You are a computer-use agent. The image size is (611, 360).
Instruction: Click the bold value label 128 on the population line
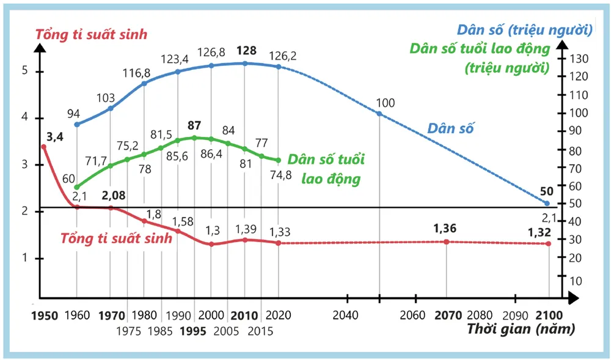tap(246, 50)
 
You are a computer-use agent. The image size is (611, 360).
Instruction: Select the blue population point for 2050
tap(379, 114)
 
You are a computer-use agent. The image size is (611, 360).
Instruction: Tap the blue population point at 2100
tap(547, 203)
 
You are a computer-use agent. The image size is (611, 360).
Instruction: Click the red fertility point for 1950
tap(43, 147)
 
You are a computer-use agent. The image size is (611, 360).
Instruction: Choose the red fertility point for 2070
tap(446, 242)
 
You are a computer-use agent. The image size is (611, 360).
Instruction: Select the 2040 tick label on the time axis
tap(347, 316)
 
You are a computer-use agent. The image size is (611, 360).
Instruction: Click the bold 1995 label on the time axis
tap(194, 331)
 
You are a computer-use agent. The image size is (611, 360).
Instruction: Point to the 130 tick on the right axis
tap(579, 59)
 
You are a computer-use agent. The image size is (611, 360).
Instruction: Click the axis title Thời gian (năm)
tap(521, 330)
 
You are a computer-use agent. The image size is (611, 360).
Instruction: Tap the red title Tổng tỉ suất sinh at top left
tap(91, 34)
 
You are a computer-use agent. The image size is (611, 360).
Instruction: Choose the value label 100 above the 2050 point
tap(386, 102)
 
